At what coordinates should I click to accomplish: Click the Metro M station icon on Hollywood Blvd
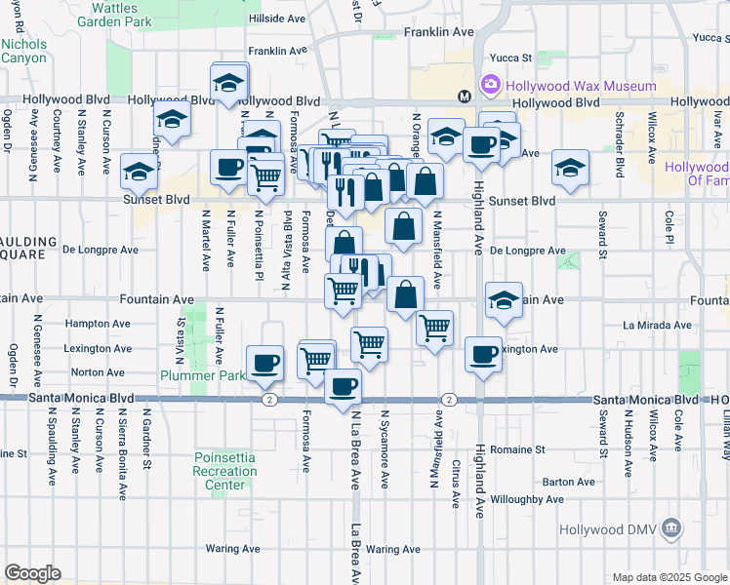(465, 96)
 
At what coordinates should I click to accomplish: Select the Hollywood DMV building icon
(671, 529)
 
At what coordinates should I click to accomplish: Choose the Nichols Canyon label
(23, 51)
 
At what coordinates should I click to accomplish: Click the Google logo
(33, 572)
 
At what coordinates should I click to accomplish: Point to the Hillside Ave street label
(279, 19)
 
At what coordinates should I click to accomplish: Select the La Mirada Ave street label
(656, 325)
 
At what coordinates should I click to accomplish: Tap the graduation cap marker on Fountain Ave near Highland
(504, 299)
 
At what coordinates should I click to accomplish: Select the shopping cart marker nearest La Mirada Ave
(434, 327)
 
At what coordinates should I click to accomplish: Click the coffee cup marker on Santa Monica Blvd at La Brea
(343, 386)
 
